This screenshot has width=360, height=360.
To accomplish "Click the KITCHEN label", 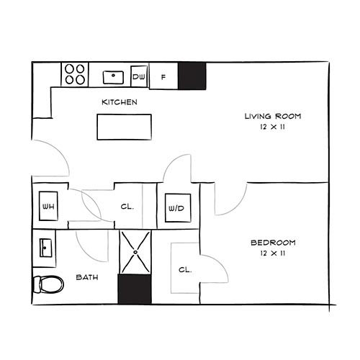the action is (x=120, y=102).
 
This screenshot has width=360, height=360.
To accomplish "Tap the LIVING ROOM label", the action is (x=273, y=117).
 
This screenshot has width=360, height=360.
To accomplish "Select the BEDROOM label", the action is (x=273, y=243).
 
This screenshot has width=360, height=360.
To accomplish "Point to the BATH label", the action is (x=87, y=277).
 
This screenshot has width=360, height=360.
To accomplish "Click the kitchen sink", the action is (x=113, y=77).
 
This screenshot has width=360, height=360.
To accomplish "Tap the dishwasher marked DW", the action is (x=139, y=76).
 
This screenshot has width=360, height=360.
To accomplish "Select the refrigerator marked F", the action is (x=163, y=76).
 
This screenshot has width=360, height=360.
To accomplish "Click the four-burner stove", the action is (x=75, y=74).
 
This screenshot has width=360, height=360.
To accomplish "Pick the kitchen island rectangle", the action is (x=125, y=127).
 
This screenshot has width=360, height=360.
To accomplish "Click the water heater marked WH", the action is (x=48, y=206).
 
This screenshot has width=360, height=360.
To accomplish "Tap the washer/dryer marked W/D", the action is (x=178, y=208).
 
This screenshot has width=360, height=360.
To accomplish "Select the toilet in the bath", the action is (x=48, y=284).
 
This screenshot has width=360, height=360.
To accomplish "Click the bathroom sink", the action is (x=45, y=248).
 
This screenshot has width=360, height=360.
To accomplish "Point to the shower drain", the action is (x=135, y=252).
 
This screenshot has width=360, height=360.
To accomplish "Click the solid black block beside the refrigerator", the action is (x=192, y=76).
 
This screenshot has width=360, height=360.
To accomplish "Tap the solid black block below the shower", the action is (x=135, y=289).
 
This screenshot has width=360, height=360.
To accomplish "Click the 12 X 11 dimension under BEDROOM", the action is (x=273, y=253).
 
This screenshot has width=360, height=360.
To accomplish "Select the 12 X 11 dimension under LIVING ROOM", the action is (x=273, y=127).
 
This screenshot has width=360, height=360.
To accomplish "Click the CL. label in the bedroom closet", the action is (x=185, y=270).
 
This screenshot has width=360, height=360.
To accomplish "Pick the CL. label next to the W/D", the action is (x=127, y=207).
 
